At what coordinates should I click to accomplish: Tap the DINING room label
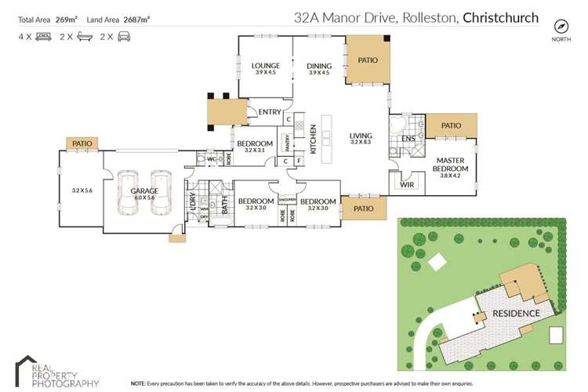(x=319, y=66)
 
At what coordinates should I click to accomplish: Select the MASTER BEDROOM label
(x=452, y=165)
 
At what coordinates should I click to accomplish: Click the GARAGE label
(x=145, y=191)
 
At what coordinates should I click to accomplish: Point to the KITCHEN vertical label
(x=312, y=139)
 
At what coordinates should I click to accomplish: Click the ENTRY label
(x=269, y=112)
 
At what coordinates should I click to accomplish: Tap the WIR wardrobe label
(x=406, y=186)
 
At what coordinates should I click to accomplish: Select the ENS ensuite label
(x=408, y=139)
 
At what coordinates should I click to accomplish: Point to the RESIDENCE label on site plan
(x=515, y=314)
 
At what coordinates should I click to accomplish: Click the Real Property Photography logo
(x=56, y=372)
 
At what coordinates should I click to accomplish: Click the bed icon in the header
(x=43, y=36)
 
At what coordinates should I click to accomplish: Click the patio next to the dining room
(x=368, y=60)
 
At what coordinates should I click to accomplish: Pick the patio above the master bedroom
(x=451, y=125)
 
